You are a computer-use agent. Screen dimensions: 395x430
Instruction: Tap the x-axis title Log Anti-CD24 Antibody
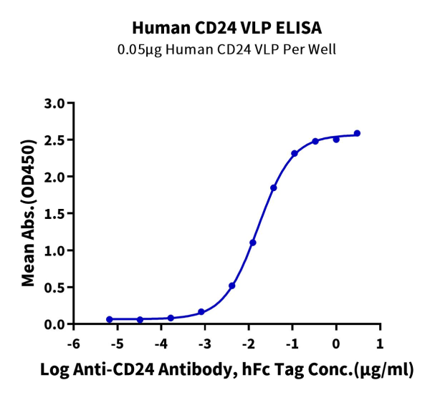click(x=226, y=370)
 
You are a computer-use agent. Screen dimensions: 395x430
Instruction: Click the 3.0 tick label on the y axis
click(x=54, y=103)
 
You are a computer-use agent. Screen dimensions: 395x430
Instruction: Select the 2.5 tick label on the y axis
click(x=54, y=140)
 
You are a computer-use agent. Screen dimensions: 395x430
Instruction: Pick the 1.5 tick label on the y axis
click(x=54, y=213)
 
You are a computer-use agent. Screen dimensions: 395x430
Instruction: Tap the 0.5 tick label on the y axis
click(x=54, y=287)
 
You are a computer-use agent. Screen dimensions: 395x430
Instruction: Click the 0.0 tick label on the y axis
click(x=54, y=324)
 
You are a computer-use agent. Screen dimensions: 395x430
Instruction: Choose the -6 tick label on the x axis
click(x=72, y=343)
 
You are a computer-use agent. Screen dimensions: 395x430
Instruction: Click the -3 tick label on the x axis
click(x=204, y=343)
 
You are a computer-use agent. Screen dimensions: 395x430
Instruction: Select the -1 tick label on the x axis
click(x=292, y=343)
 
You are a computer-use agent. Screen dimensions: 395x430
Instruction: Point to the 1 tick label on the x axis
click(x=380, y=343)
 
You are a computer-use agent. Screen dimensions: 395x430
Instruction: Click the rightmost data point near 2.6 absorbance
click(x=357, y=133)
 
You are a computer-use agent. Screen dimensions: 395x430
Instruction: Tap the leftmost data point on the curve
click(x=109, y=319)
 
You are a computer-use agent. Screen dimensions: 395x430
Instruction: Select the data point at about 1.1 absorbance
click(x=253, y=243)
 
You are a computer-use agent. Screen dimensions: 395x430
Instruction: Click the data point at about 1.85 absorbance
click(x=274, y=187)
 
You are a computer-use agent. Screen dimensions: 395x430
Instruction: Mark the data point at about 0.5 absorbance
click(x=232, y=286)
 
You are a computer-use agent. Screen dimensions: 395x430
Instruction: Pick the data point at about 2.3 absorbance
click(x=295, y=153)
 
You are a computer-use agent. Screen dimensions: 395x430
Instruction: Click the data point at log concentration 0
click(x=336, y=139)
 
